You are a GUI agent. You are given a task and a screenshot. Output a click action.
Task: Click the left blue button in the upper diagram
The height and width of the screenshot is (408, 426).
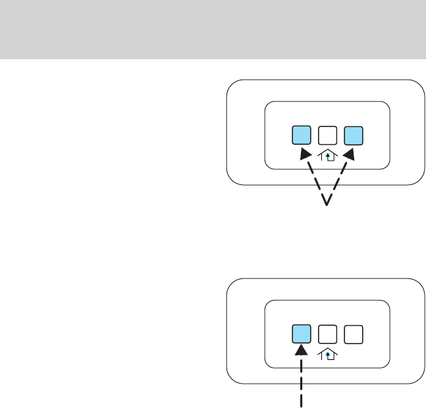tap(302, 135)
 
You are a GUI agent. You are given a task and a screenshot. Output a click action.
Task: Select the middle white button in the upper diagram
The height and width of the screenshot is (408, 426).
tap(328, 135)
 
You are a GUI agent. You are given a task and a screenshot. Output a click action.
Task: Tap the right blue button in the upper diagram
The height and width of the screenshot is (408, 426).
tap(354, 135)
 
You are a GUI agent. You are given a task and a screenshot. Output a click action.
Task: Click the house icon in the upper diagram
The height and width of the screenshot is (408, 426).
tap(327, 156)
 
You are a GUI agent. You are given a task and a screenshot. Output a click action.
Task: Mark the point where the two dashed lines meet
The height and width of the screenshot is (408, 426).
tap(327, 205)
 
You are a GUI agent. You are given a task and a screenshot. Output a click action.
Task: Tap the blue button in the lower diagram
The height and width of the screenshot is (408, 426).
tap(302, 334)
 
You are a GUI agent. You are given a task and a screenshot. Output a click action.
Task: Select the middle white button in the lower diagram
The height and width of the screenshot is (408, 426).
tap(327, 334)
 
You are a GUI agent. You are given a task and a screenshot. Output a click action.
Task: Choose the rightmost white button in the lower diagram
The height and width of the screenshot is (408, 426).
tap(353, 334)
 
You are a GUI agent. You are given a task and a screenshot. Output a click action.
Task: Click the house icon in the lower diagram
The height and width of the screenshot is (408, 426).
tap(327, 355)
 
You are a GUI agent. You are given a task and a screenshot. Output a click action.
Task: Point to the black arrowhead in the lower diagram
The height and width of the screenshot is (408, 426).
tap(302, 353)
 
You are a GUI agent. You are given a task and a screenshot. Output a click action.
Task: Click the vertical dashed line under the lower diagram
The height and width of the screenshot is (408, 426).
tap(302, 385)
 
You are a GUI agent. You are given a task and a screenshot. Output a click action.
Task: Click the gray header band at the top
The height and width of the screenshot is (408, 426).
tap(213, 29)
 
